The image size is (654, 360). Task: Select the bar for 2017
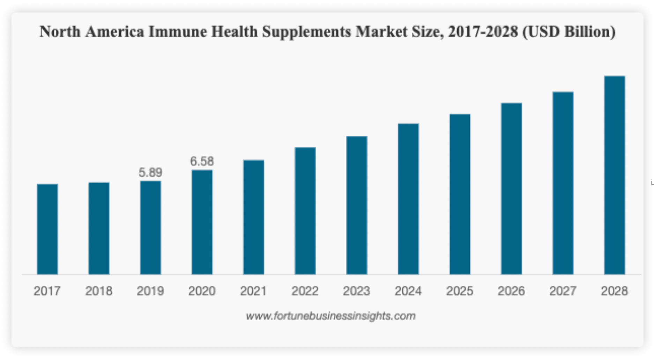[x=47, y=229]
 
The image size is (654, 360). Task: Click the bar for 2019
[x=150, y=227]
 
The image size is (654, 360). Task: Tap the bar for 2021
[x=254, y=217]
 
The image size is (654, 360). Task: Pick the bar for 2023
[x=357, y=205]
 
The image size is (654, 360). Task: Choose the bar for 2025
[x=460, y=194]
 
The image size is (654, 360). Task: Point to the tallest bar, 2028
[x=615, y=175]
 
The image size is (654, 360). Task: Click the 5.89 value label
[x=150, y=172]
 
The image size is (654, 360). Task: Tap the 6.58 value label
[x=202, y=161]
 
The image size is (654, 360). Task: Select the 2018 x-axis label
[x=99, y=291]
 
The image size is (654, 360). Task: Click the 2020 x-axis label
[x=202, y=291]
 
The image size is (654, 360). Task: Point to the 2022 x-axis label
[x=305, y=291]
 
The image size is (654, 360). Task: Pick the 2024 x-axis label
[x=408, y=291]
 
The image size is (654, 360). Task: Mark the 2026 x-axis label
[x=511, y=291]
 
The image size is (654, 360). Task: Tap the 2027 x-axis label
[x=563, y=291]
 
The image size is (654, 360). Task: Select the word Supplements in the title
[x=306, y=32]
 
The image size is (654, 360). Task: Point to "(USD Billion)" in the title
[x=569, y=32]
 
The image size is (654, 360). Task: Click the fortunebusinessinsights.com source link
[x=330, y=316]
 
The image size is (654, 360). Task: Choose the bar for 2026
[x=511, y=188]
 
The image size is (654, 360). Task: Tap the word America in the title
[x=114, y=32]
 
